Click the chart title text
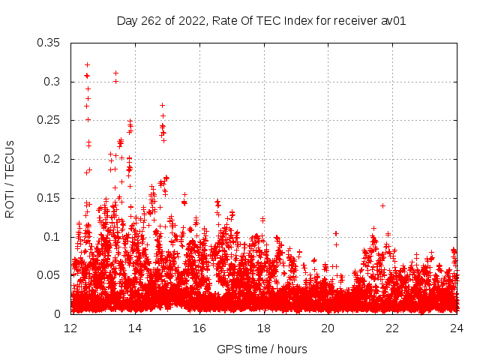261,20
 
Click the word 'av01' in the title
391,20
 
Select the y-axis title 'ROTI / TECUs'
10,178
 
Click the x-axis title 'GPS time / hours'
261,349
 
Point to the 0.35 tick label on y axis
52,43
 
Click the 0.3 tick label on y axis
55,82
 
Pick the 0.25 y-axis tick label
52,120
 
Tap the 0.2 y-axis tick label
55,159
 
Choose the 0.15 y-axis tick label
52,198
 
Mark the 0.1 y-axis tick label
55,237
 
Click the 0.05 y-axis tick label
52,275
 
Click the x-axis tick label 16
199,328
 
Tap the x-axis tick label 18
264,328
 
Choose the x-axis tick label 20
328,328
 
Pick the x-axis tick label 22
392,328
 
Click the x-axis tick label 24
456,328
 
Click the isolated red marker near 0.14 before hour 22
382,205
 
